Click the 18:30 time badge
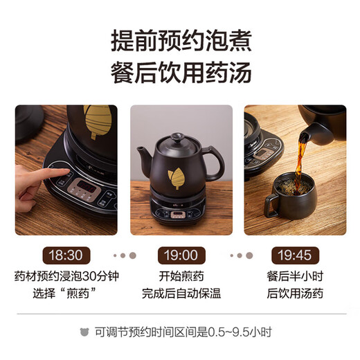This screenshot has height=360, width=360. (x=66, y=255)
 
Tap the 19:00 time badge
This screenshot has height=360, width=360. (x=180, y=255)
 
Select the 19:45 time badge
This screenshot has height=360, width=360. (x=294, y=255)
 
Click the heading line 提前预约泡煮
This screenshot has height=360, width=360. (x=180, y=40)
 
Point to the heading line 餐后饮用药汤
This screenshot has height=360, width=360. (x=180, y=72)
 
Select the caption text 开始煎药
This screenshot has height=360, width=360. (x=180, y=276)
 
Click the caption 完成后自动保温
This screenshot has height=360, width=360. (x=180, y=293)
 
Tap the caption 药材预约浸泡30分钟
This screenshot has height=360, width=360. (x=66, y=276)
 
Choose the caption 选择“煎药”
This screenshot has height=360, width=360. (x=66, y=293)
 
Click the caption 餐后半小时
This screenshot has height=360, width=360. (x=294, y=276)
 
